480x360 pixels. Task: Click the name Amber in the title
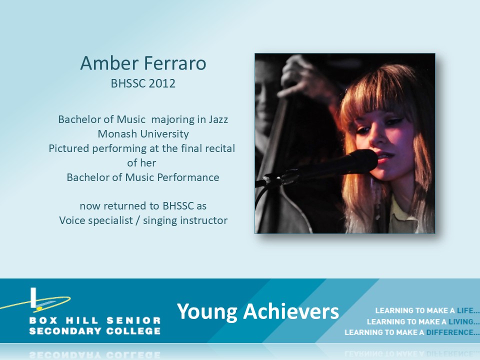point(109,63)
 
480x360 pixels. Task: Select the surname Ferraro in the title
point(175,63)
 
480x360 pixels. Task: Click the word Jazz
point(218,119)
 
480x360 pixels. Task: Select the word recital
point(220,148)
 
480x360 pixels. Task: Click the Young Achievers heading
point(258,311)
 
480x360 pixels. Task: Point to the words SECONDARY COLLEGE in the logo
point(95,331)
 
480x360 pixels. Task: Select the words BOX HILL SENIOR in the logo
point(95,320)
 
